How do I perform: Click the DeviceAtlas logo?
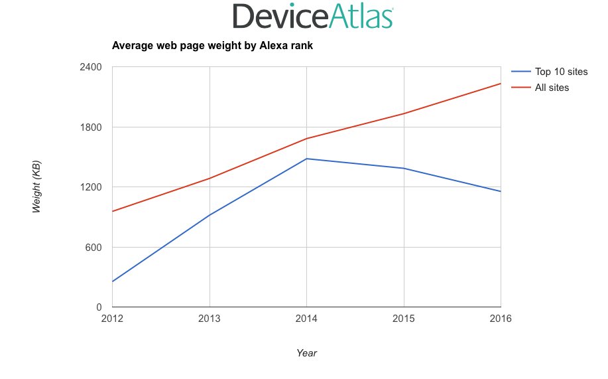[314, 17]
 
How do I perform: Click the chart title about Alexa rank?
[212, 46]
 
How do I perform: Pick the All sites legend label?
[552, 88]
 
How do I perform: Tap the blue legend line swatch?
[520, 72]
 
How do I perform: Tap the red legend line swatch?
[520, 88]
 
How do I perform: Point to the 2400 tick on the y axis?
[90, 67]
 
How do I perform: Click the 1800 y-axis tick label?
[90, 127]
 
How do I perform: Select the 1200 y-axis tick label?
[90, 187]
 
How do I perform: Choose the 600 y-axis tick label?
[93, 248]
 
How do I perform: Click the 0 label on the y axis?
[98, 307]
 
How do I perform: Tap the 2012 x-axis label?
[113, 319]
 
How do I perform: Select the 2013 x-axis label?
[210, 319]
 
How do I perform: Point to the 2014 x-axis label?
[306, 319]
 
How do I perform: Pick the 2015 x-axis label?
[404, 319]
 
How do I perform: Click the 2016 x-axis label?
[501, 319]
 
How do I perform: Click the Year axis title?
[306, 353]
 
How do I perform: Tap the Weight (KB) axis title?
[37, 187]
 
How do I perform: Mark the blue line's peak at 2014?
[306, 159]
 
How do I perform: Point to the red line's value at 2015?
[404, 114]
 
